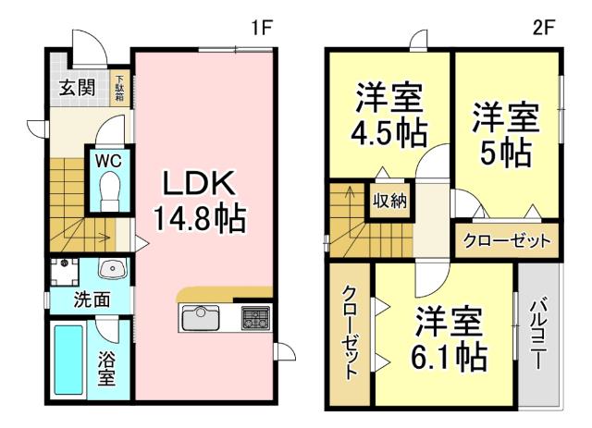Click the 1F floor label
tap(262, 26)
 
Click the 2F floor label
tap(542, 26)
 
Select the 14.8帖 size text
tap(199, 219)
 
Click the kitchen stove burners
tap(253, 320)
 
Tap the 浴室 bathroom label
tap(107, 367)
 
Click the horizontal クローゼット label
tap(506, 241)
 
